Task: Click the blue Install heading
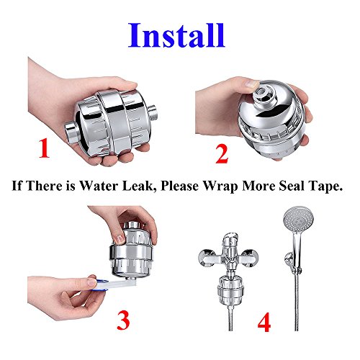[x=176, y=35]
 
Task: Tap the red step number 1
[x=44, y=148]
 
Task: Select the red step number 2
[x=222, y=155]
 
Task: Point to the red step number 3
[x=123, y=320]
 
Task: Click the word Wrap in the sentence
[x=221, y=186]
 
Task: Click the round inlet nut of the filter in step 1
[x=71, y=132]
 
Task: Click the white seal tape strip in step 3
[x=117, y=284]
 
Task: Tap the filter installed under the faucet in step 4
[x=230, y=290]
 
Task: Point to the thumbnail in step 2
[x=251, y=84]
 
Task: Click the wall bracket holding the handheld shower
[x=292, y=262]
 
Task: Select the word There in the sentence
[x=44, y=186]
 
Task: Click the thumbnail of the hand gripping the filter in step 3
[x=120, y=238]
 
